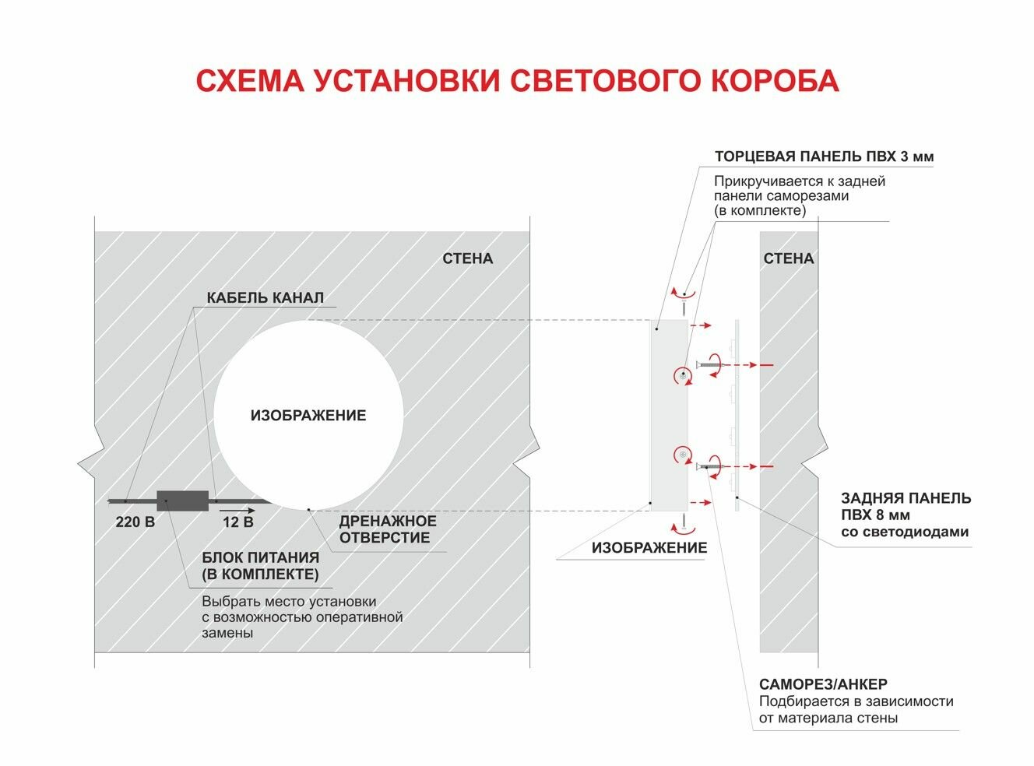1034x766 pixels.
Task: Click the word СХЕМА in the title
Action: pyautogui.click(x=248, y=81)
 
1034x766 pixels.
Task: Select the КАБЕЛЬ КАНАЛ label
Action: pyautogui.click(x=265, y=297)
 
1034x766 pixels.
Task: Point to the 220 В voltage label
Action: pyautogui.click(x=135, y=522)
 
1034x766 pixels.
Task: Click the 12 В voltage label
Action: pyautogui.click(x=237, y=522)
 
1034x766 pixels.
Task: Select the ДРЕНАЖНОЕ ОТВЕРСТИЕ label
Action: pyautogui.click(x=387, y=529)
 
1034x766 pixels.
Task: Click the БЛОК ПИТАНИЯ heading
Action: pyautogui.click(x=260, y=557)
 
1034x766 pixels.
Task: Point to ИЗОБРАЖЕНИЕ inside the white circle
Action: pyautogui.click(x=308, y=416)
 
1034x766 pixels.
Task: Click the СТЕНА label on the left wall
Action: pyautogui.click(x=467, y=258)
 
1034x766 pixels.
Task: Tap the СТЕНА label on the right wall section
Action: pyautogui.click(x=788, y=258)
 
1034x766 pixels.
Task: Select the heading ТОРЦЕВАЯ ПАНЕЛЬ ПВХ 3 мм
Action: pyautogui.click(x=824, y=156)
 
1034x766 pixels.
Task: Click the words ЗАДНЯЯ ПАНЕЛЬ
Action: pyautogui.click(x=906, y=498)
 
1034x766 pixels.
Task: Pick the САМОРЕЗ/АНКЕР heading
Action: pyautogui.click(x=822, y=684)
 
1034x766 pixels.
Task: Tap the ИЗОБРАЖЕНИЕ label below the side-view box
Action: pyautogui.click(x=649, y=548)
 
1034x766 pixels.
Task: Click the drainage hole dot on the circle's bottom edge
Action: pyautogui.click(x=309, y=509)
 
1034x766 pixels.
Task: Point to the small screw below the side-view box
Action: pyautogui.click(x=684, y=522)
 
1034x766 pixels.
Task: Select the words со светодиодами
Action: pyautogui.click(x=905, y=532)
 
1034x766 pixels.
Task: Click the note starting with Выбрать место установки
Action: pyautogui.click(x=301, y=617)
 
